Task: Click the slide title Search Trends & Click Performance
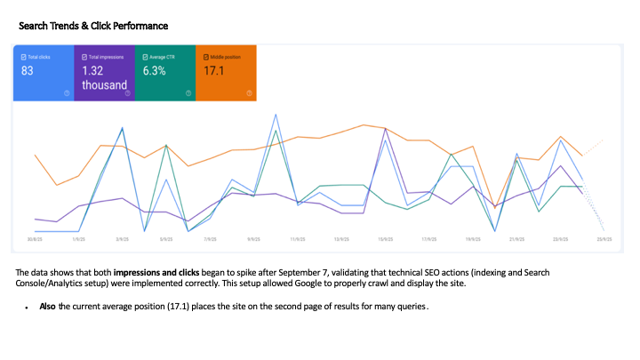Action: (x=93, y=27)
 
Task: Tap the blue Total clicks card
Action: (x=44, y=72)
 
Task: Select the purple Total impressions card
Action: (x=103, y=72)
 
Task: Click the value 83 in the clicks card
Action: (x=28, y=70)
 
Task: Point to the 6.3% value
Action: (x=155, y=70)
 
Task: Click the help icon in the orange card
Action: (x=250, y=92)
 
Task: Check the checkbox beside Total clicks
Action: (x=22, y=55)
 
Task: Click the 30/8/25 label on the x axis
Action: (x=36, y=239)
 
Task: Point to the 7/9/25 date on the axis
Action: (x=210, y=239)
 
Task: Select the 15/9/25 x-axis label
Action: (x=385, y=239)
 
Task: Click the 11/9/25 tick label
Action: (x=298, y=239)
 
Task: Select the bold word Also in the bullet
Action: (x=48, y=306)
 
